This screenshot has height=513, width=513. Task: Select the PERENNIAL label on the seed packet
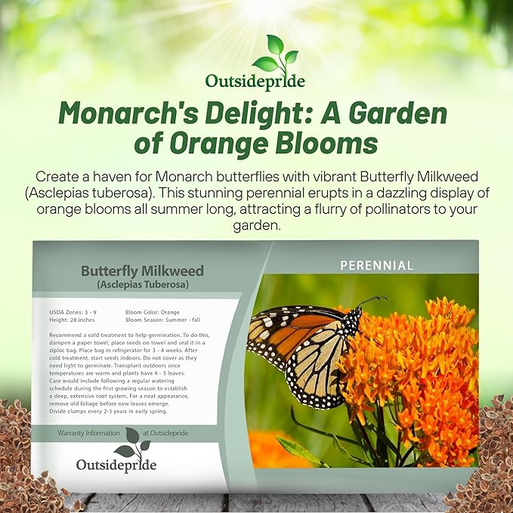point(376,265)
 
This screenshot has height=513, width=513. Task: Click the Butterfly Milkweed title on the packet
point(142,270)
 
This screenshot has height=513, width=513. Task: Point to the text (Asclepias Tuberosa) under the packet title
point(142,284)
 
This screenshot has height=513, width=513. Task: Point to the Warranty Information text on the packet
point(88,433)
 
